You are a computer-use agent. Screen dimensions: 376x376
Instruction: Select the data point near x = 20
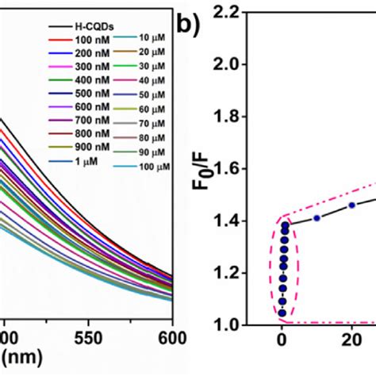[351, 205]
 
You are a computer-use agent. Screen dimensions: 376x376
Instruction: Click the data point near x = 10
[317, 217]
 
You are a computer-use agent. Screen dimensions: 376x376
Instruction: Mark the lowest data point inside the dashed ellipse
[282, 313]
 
